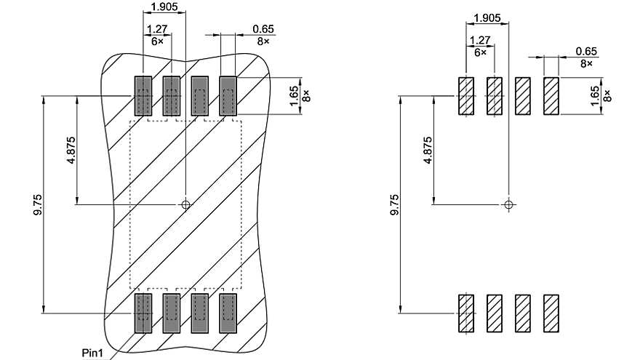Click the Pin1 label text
pyautogui.click(x=92, y=352)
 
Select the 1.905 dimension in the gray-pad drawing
pyautogui.click(x=163, y=7)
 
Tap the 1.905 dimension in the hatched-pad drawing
pyautogui.click(x=487, y=17)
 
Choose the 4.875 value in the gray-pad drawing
pyautogui.click(x=71, y=150)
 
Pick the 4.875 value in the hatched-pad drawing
pyautogui.click(x=428, y=150)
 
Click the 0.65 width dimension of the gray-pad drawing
pyautogui.click(x=263, y=29)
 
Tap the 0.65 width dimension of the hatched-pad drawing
pyautogui.click(x=585, y=51)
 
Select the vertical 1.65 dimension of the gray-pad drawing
pyautogui.click(x=294, y=96)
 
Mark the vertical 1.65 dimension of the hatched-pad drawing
pyautogui.click(x=595, y=96)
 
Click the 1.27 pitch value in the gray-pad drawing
pyautogui.click(x=156, y=30)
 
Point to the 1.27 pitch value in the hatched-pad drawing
pyautogui.click(x=480, y=41)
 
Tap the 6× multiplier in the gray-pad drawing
pyautogui.click(x=156, y=41)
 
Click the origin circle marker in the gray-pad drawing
pyautogui.click(x=185, y=204)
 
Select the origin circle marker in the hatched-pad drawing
pyautogui.click(x=508, y=204)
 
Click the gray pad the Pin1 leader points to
pyautogui.click(x=142, y=313)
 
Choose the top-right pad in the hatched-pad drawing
pyautogui.click(x=551, y=96)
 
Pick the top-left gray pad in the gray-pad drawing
pyautogui.click(x=142, y=96)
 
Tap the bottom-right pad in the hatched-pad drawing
pyautogui.click(x=551, y=313)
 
